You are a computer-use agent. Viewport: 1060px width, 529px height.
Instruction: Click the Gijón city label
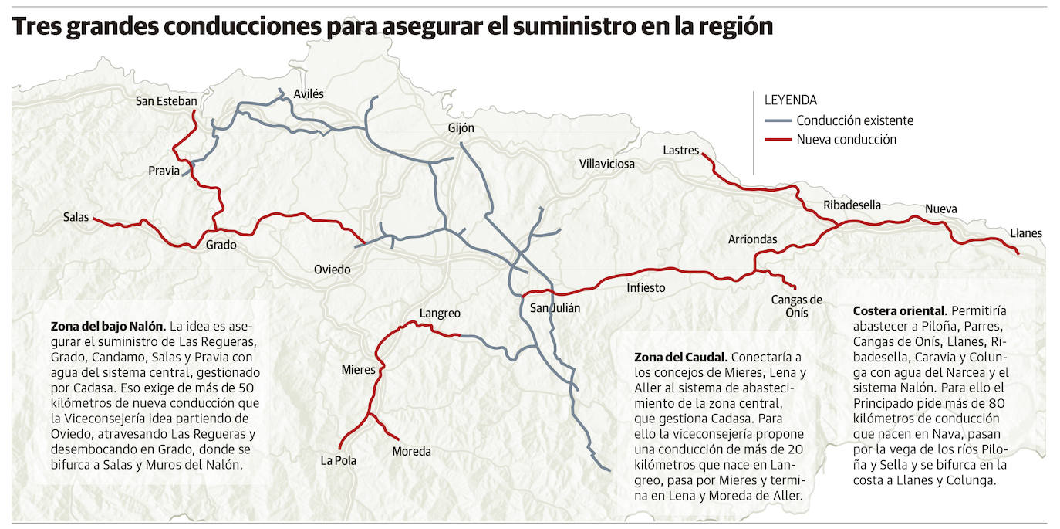click(461, 128)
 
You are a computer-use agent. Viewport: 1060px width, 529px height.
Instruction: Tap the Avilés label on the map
click(309, 94)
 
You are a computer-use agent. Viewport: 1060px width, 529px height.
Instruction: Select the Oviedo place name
click(332, 270)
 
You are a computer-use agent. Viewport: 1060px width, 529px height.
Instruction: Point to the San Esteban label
click(166, 101)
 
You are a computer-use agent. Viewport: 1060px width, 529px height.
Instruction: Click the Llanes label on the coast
click(1025, 233)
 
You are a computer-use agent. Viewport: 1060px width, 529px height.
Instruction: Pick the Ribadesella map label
click(852, 205)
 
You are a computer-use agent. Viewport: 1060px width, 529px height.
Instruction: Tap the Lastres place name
click(680, 151)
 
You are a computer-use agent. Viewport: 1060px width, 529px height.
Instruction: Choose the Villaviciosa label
click(607, 164)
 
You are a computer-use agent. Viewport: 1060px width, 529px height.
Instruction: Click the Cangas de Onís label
click(797, 306)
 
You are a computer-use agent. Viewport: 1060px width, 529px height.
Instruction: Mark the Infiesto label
click(646, 288)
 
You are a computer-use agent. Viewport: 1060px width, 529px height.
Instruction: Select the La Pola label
click(339, 461)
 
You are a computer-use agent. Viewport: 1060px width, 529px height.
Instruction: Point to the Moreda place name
click(411, 452)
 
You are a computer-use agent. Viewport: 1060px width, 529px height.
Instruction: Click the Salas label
click(76, 218)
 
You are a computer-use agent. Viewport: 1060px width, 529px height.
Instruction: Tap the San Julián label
click(555, 308)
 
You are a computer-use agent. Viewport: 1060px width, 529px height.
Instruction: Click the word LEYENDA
click(790, 100)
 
